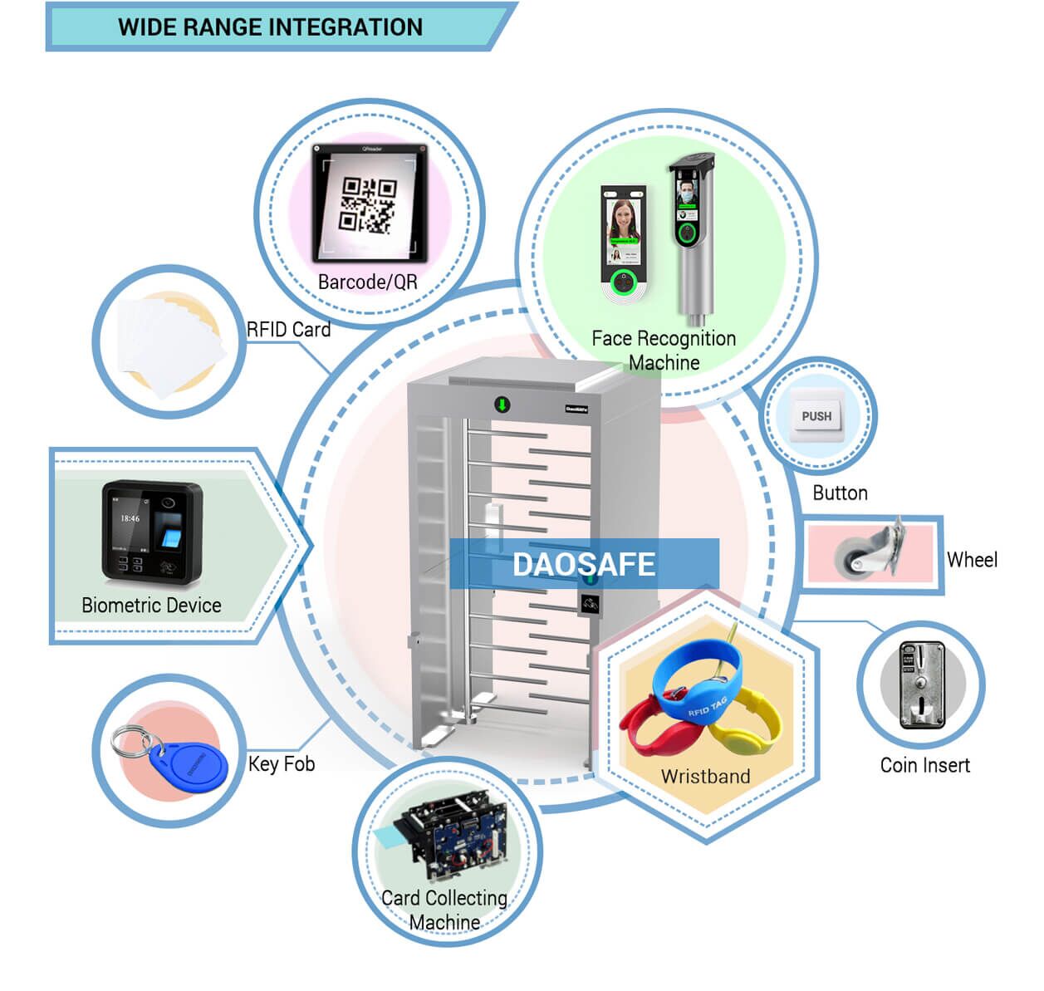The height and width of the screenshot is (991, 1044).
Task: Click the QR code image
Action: click(368, 204)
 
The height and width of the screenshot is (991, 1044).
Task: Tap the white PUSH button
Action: click(816, 416)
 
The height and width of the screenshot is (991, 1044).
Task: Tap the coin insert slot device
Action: click(922, 685)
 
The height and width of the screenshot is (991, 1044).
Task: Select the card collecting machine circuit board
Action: click(453, 839)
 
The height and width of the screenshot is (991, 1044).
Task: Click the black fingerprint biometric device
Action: click(151, 532)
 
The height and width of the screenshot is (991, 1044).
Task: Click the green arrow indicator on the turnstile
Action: click(502, 405)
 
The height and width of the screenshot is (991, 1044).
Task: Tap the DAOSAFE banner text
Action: click(584, 565)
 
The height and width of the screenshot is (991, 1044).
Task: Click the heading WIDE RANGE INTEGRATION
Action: click(270, 27)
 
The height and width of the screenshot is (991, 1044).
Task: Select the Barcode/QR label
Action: click(368, 282)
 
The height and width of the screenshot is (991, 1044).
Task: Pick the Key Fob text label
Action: click(282, 764)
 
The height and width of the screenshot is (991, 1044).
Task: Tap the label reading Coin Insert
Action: click(924, 765)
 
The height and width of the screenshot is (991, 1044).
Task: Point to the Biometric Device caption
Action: click(151, 606)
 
